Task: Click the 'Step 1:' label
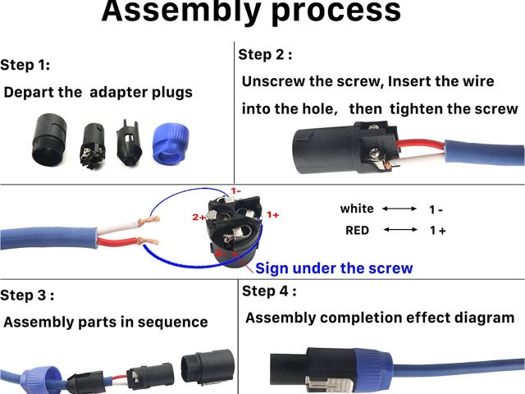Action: pos(25,65)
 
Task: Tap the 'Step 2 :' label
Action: pos(265,55)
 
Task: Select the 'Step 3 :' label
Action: pos(27,295)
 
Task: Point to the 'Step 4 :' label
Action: pos(269,291)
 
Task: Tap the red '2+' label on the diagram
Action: pos(199,218)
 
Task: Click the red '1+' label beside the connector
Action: pos(273,214)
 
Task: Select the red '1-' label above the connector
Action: pos(235,190)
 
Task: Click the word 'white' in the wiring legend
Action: pos(357,208)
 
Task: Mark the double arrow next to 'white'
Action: pos(399,208)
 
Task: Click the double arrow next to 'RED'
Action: pos(399,231)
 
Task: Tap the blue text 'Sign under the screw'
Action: pos(334,268)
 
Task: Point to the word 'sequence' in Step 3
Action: pos(174,322)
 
